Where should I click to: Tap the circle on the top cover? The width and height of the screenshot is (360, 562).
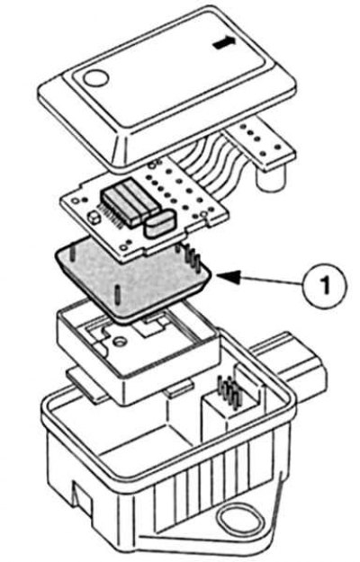point(95,77)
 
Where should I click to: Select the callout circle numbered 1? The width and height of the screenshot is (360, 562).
point(325,286)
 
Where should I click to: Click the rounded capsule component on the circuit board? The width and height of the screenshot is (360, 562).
point(159,223)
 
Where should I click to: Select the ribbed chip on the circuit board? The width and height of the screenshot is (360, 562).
point(129,201)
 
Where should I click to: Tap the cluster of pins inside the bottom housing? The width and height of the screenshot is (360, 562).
point(229,392)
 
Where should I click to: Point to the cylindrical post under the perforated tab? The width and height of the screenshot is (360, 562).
point(271,178)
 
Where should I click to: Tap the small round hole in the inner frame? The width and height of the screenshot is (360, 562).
point(119,341)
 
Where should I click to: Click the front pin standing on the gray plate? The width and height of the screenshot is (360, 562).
point(117,296)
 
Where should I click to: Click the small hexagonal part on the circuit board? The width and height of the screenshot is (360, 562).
point(94,218)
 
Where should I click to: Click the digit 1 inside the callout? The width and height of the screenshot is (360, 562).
point(326,286)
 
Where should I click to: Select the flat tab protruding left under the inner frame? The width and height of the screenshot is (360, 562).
point(86,384)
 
